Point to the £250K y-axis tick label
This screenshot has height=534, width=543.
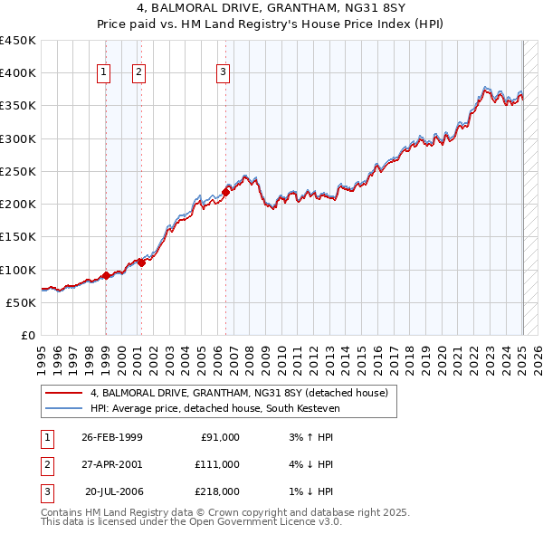(18, 171)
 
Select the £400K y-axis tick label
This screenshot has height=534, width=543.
(18, 72)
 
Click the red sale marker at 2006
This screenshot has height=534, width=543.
(226, 192)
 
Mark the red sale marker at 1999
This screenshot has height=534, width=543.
(107, 275)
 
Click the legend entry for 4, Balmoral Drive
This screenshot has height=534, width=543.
(239, 393)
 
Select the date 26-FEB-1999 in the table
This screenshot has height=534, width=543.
(111, 437)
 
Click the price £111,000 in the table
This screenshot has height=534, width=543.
(216, 463)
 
